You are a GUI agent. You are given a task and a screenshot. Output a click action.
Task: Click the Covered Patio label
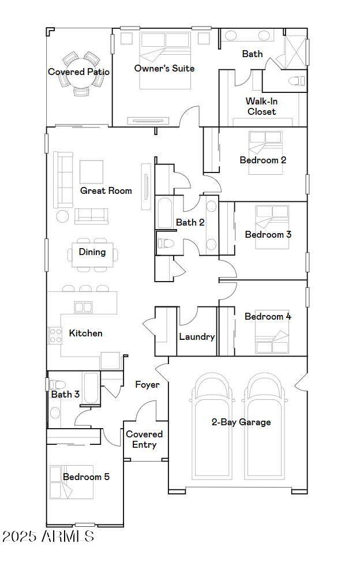pos(79,72)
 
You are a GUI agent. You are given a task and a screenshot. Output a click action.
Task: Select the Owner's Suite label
pos(164,68)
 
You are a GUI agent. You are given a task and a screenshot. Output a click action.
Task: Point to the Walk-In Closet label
pos(262,106)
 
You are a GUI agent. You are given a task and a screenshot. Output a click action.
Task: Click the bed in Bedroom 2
pos(265,152)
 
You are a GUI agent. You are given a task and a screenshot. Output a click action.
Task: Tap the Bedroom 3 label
pos(268,234)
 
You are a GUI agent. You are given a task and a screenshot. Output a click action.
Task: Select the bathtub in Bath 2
pos(165,213)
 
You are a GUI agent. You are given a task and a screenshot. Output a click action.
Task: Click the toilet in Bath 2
pos(166,243)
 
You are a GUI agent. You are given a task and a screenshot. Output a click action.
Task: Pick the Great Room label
pos(106,190)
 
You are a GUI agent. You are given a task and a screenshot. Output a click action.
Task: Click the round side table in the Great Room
pos(62,216)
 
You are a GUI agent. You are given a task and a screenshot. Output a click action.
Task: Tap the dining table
pos(92,255)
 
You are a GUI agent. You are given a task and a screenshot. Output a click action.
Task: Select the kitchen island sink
pos(83,307)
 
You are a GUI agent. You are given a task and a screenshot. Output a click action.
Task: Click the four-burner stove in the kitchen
pos(55,335)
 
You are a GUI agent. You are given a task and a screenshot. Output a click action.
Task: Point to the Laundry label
pos(197,336)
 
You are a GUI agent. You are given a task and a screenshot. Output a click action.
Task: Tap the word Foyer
pos(147,385)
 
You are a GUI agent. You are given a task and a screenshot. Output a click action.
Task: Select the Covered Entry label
pos(144,440)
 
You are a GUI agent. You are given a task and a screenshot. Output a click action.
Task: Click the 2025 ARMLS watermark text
pos(48,537)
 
